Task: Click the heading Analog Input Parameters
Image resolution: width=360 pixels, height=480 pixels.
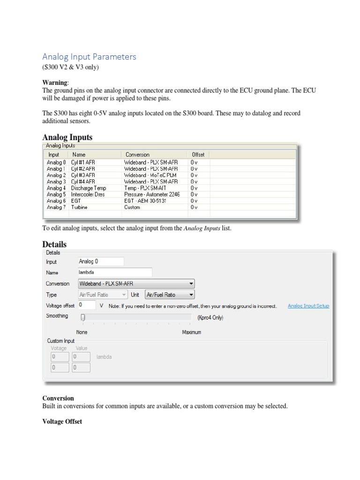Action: point(89,57)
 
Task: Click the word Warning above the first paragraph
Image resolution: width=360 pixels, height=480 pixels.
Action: point(55,82)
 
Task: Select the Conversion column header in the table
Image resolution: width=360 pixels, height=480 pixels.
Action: point(137,154)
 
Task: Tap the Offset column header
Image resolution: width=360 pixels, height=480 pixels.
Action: point(198,154)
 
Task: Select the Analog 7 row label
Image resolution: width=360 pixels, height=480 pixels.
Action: point(56,207)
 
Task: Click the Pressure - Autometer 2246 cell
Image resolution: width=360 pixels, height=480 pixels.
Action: point(152,194)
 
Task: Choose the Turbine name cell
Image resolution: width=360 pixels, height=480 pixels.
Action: point(80,207)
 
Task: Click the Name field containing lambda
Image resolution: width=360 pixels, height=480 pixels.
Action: point(115,272)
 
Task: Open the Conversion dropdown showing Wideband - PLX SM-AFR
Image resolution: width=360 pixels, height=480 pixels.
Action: point(136,284)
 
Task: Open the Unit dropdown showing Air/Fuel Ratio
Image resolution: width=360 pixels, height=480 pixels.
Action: point(170,295)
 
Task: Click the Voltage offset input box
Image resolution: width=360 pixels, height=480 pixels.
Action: point(87,305)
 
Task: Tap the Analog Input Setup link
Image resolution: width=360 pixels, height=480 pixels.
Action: point(308,306)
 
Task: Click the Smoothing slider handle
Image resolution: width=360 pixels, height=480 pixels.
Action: point(83,317)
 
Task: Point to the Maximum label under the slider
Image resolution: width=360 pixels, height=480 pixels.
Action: point(191,332)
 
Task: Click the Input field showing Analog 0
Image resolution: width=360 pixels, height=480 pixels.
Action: point(101,261)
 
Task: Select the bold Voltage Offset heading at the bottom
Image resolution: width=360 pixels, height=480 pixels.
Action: point(62,421)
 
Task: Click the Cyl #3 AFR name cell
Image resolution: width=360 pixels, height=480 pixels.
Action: point(83,175)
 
